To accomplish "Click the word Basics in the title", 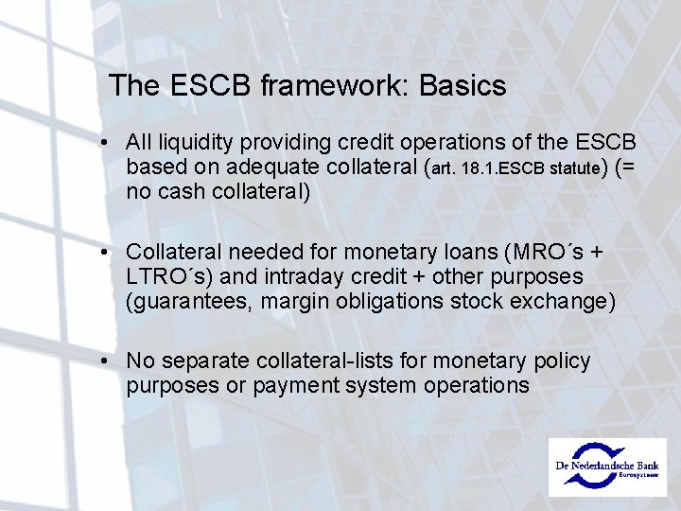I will click(x=463, y=86).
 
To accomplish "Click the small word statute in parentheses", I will click(x=571, y=169).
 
